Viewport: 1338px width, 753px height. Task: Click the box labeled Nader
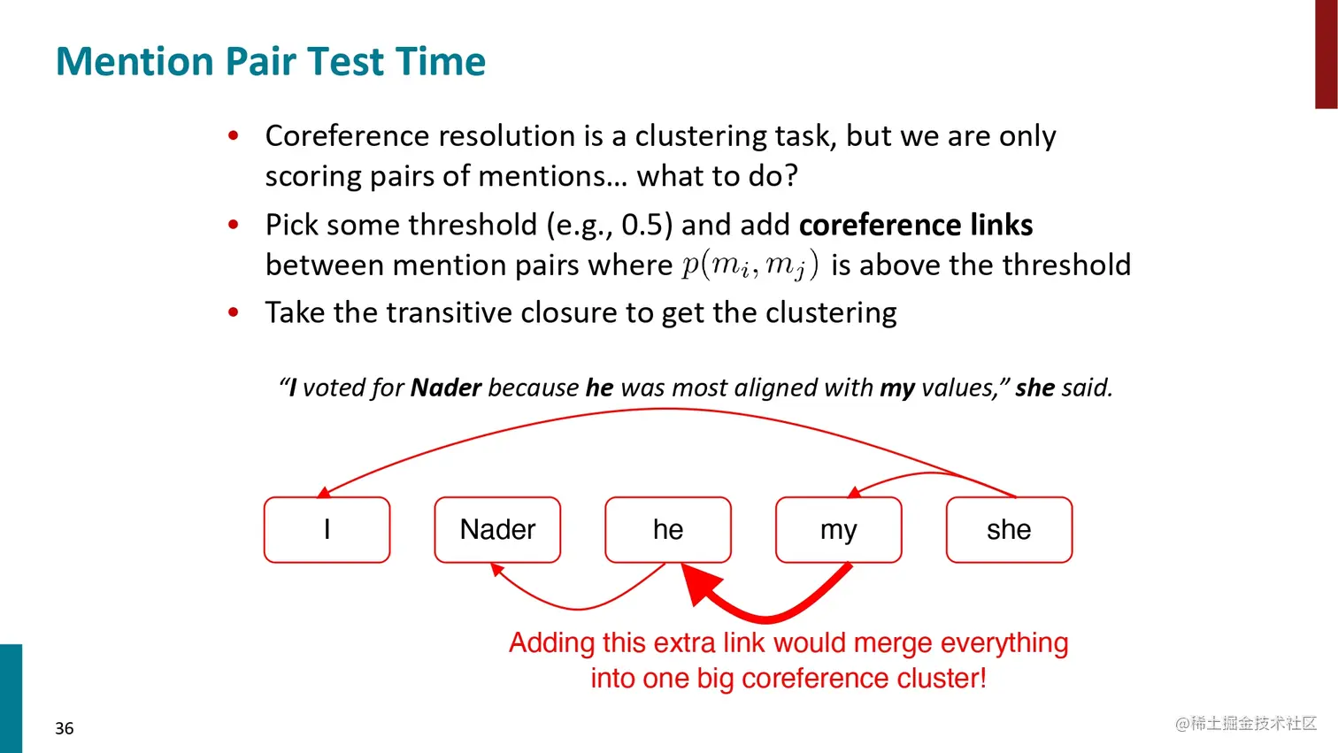[x=497, y=530]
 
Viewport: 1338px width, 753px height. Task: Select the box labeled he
[x=668, y=530]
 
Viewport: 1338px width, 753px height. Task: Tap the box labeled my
[x=839, y=530]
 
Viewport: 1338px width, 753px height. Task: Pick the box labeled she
[x=1009, y=530]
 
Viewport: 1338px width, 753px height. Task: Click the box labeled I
[x=327, y=530]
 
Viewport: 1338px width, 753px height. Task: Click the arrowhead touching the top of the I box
[x=323, y=493]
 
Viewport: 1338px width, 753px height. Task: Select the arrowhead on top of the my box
[x=854, y=492]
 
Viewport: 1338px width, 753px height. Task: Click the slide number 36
[x=65, y=728]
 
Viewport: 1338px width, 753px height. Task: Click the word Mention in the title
[x=135, y=62]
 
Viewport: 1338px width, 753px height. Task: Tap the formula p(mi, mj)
[x=750, y=265]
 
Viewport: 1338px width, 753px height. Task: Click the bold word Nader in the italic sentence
[x=446, y=388]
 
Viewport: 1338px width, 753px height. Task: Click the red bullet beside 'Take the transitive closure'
[x=234, y=312]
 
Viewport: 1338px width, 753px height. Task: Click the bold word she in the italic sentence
[x=1034, y=388]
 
